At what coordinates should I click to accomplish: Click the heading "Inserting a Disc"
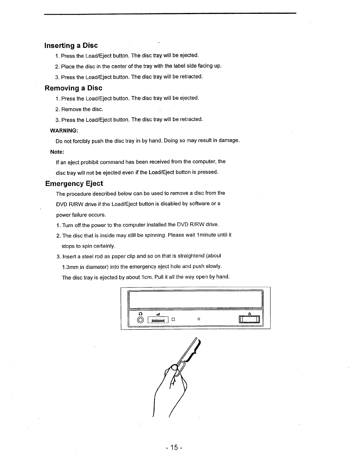71,46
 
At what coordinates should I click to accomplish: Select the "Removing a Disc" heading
74,88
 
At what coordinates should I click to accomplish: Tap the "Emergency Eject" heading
74,184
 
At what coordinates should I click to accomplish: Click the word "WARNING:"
64,130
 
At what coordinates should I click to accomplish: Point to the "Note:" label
57,152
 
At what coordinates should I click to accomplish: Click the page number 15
174,447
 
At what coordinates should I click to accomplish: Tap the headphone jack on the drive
141,320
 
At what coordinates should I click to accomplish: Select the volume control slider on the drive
158,320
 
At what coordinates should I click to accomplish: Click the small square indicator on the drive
174,319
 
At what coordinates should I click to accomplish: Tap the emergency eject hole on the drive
199,319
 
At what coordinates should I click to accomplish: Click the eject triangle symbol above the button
249,314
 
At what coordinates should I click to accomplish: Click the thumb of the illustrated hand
174,367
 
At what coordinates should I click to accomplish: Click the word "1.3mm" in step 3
70,267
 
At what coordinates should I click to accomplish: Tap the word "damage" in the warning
229,141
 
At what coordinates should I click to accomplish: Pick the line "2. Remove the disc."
79,109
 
